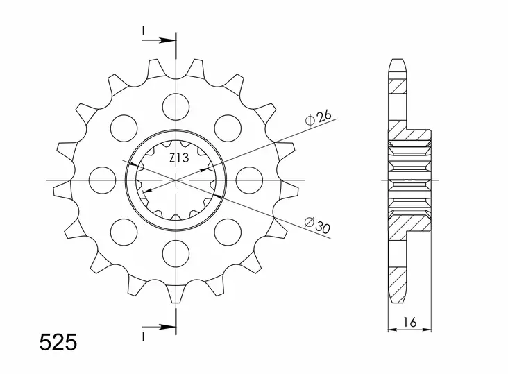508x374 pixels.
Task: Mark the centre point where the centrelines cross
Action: [x=176, y=180]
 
